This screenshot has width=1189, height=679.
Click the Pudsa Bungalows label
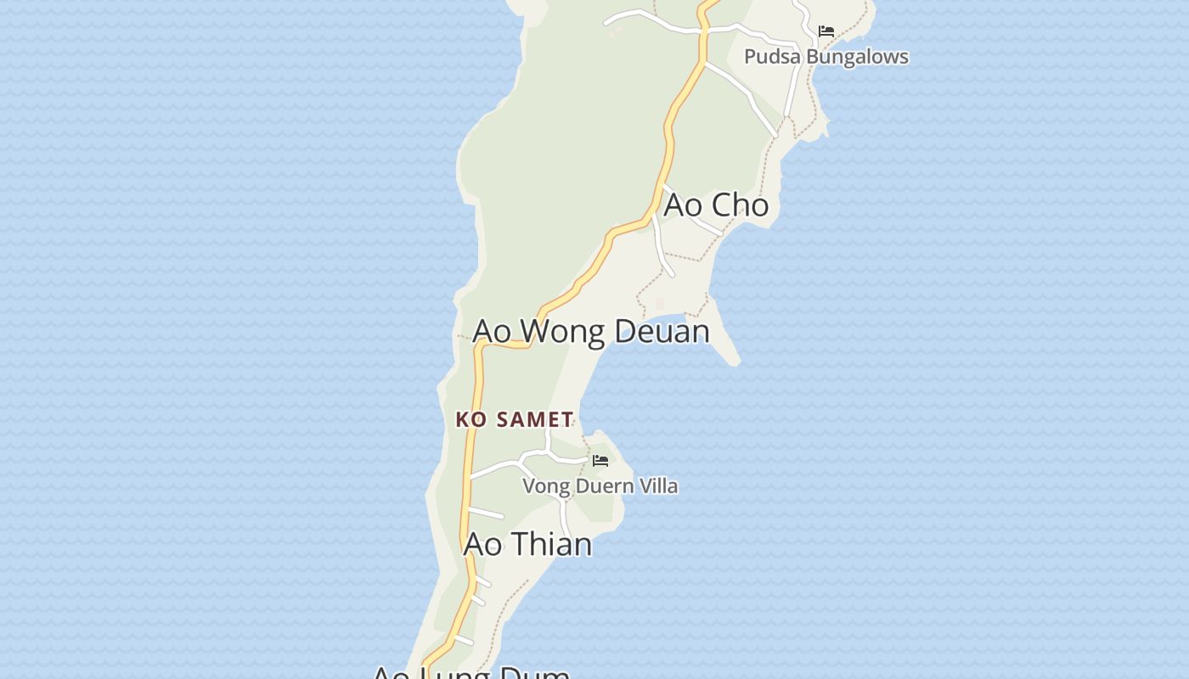(826, 57)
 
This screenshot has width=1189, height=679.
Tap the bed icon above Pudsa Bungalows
(826, 31)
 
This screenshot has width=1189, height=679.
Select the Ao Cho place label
(716, 205)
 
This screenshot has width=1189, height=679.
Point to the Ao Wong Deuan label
(591, 331)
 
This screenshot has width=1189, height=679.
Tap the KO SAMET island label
(515, 419)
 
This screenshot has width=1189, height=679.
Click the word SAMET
(534, 419)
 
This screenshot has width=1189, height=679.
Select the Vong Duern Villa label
(600, 486)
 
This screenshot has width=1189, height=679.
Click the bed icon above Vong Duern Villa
(600, 461)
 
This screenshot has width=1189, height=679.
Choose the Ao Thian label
(527, 544)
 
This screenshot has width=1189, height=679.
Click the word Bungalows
(857, 57)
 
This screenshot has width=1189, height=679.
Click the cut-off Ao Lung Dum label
(471, 672)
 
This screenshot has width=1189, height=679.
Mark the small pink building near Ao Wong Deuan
(660, 303)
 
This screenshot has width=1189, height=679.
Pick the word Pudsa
(772, 57)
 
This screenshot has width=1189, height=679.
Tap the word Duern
(601, 486)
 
